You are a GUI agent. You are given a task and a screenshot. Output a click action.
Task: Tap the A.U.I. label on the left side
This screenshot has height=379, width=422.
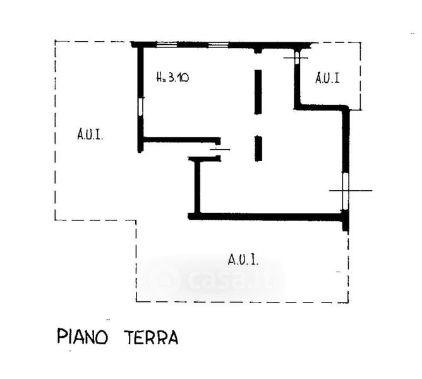coord(91,134)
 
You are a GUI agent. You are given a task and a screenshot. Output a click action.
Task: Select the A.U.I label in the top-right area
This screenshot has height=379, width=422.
coord(328,78)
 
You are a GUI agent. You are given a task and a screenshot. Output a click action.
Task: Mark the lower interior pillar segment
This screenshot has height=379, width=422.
coord(258,148)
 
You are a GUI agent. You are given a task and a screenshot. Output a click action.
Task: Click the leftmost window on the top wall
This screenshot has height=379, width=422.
coord(167,44)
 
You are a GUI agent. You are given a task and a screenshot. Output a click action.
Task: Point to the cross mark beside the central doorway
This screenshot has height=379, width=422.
coord(220,150)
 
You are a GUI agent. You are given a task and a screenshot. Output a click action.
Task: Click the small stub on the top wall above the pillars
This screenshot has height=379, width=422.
coord(258,50)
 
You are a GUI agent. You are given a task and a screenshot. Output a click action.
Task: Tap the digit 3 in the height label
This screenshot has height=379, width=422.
coord(171,78)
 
